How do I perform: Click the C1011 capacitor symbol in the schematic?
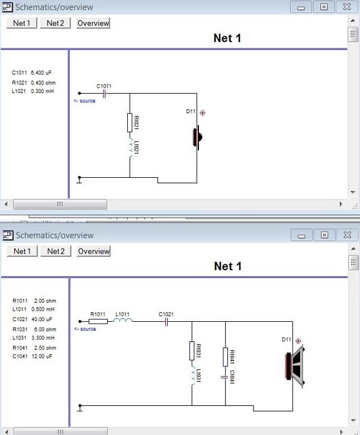(104, 93)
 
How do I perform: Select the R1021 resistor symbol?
(130, 123)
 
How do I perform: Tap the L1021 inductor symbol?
(130, 148)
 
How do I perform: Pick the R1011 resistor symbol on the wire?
(98, 321)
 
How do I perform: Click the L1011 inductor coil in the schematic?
(124, 321)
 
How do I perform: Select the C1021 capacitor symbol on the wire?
(166, 322)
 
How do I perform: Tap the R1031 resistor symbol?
(192, 350)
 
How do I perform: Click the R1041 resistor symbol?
(226, 357)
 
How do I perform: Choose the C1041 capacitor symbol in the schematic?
(226, 376)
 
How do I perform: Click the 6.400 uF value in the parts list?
(41, 73)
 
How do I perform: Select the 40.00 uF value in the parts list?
(42, 319)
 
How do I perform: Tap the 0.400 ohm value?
(43, 82)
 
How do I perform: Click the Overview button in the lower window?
(94, 251)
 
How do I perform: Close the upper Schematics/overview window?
(344, 7)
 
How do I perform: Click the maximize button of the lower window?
(324, 235)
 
